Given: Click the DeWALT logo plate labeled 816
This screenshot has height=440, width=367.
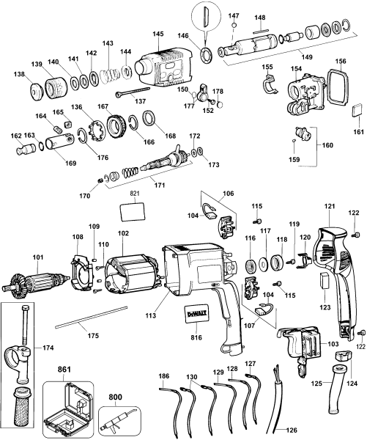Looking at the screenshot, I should (x=195, y=313).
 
